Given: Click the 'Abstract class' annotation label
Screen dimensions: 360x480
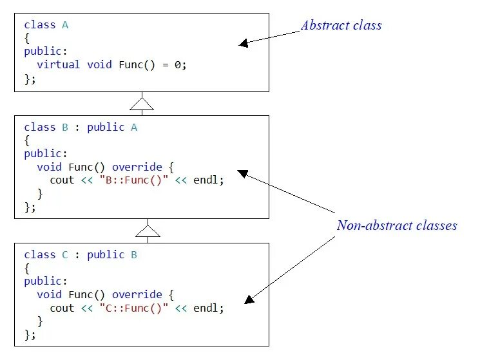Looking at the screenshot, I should click(x=341, y=26).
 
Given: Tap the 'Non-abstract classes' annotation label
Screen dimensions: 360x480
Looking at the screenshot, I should click(x=396, y=225).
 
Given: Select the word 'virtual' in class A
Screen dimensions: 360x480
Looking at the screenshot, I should click(x=59, y=65).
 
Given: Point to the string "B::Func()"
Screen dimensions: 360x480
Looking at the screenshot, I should click(x=133, y=180).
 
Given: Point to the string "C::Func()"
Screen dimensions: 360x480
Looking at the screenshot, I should click(x=133, y=308).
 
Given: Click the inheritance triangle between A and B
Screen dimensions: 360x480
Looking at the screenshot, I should click(x=142, y=103).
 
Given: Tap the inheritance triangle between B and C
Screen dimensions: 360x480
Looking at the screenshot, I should click(x=148, y=231).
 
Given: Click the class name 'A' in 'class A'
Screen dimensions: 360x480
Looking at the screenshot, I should click(x=65, y=25).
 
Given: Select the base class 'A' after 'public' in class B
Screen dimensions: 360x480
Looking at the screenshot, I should click(x=134, y=128).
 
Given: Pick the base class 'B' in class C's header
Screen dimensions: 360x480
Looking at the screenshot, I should click(x=134, y=255).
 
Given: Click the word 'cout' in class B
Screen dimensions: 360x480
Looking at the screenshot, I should click(x=62, y=180).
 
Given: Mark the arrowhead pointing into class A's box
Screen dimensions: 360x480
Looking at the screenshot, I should click(x=243, y=44).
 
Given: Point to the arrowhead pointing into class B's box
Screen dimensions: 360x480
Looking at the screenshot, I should click(x=242, y=172).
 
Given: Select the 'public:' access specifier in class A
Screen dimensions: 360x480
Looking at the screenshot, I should click(x=43, y=52).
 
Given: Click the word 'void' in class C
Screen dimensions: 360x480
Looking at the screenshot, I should click(x=50, y=295).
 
